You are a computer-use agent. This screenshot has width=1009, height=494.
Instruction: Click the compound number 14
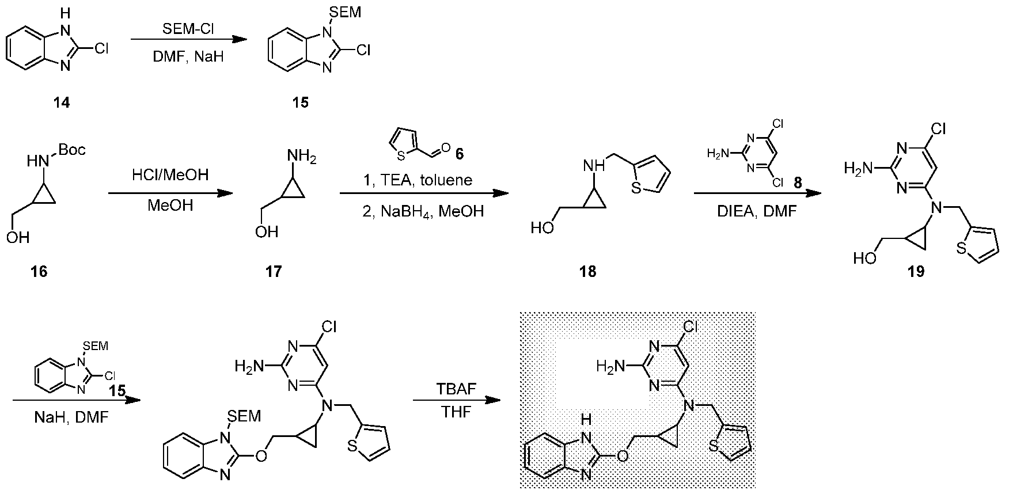62,102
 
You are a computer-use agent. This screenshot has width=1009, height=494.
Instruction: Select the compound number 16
39,271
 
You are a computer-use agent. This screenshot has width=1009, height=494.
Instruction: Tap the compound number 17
274,271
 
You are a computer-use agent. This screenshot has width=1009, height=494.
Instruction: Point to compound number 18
588,271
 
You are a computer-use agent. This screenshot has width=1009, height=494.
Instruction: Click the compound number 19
916,271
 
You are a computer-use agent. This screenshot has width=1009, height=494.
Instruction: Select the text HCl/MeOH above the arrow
170,175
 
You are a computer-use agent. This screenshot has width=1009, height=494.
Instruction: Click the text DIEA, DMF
756,211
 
